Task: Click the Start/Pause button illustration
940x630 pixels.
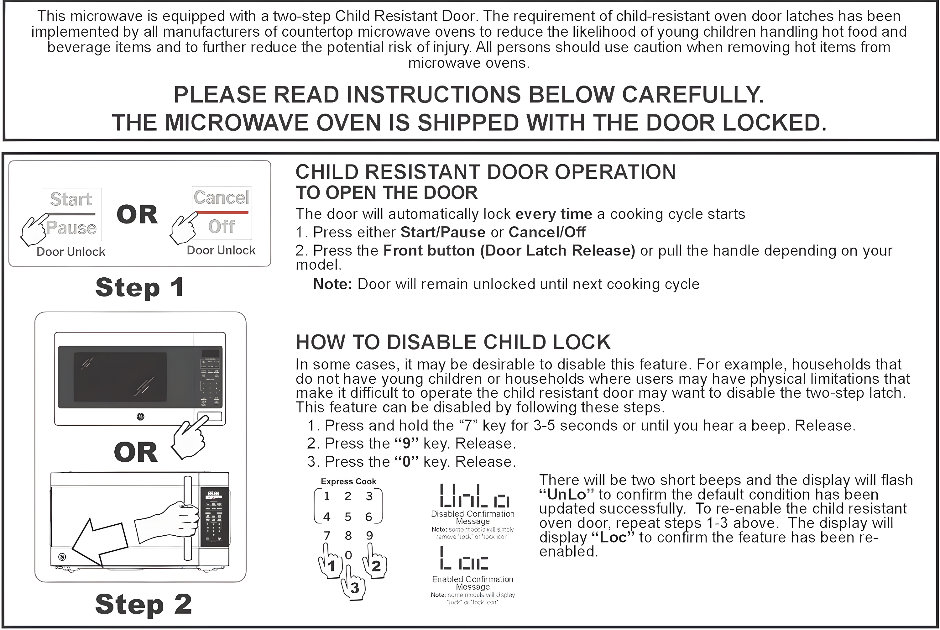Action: pos(71,214)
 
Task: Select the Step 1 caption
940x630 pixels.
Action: pos(140,288)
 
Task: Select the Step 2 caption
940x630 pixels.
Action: pos(143,604)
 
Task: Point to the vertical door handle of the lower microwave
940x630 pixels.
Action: pos(187,518)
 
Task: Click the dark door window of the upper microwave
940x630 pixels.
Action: pos(120,377)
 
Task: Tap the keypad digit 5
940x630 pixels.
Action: pos(348,517)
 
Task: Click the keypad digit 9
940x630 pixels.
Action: pos(369,535)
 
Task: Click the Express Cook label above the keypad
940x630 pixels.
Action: pos(348,481)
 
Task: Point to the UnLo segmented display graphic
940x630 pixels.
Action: pos(474,496)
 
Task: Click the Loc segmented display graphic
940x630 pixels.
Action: pos(464,559)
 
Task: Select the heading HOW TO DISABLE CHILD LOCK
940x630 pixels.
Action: pos(453,342)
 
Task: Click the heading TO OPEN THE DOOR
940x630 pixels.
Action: pos(387,193)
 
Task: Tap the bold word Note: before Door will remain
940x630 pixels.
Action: pos(332,284)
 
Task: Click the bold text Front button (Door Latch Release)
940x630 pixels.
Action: pos(509,251)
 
